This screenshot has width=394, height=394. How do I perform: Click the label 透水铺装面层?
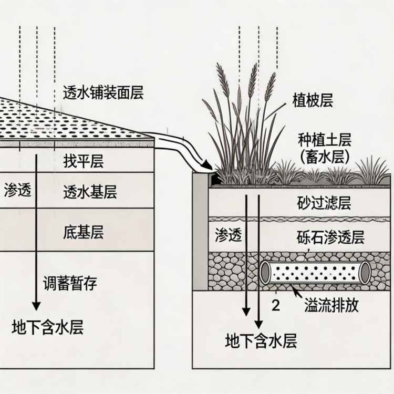click(x=102, y=92)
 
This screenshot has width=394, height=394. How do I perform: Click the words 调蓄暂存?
click(x=70, y=284)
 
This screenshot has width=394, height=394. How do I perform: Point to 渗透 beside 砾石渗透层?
click(x=229, y=236)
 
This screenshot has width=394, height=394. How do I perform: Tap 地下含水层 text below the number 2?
click(x=261, y=341)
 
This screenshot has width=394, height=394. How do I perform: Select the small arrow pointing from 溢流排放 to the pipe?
click(x=289, y=292)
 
